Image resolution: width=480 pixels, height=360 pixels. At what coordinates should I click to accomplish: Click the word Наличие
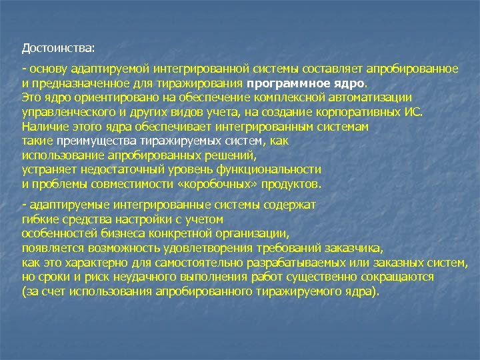pos(43,126)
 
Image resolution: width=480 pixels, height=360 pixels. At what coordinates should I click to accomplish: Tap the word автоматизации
pos(374,97)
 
